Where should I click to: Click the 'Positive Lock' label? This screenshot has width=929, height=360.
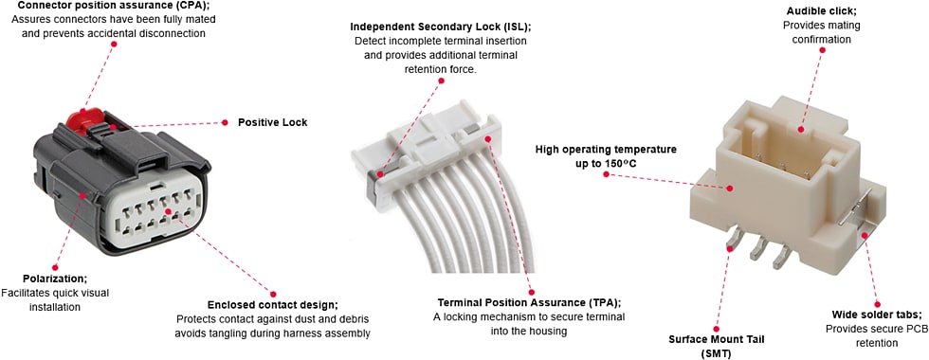coord(272,122)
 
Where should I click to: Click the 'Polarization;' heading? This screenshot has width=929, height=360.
coord(55,279)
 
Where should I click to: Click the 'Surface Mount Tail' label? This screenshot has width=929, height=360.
coord(715,338)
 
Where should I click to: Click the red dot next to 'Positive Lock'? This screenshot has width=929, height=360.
coord(226,122)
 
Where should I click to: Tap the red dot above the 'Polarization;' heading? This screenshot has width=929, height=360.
coord(55,268)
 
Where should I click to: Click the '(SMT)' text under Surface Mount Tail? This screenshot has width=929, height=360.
coord(715,352)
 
